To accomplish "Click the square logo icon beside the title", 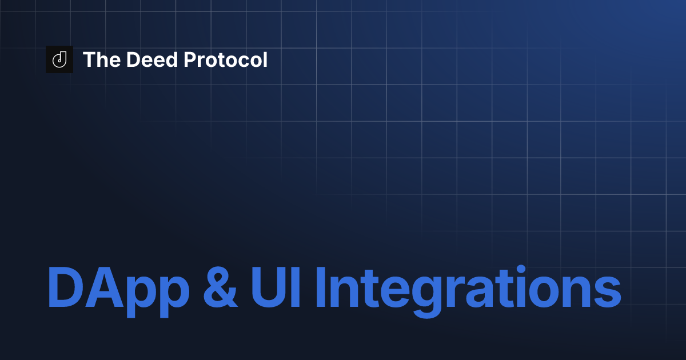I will coord(59,59).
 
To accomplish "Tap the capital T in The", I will coord(89,60).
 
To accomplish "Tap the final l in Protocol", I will coord(265,59).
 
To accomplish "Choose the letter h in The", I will coord(101,60).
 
